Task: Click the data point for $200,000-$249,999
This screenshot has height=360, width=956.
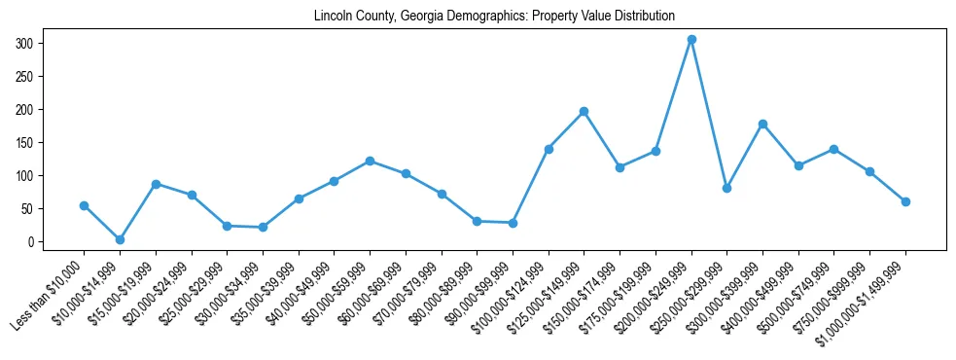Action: [691, 40]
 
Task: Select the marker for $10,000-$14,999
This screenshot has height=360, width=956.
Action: [120, 239]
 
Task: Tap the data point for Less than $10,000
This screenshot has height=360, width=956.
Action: [84, 205]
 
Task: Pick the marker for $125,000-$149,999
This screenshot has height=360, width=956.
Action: [584, 112]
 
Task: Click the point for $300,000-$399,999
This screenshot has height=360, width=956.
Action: [762, 124]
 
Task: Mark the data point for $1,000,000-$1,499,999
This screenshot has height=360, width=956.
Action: [905, 201]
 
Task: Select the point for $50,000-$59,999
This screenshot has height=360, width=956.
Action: [370, 161]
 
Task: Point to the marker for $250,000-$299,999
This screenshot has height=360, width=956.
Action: [726, 188]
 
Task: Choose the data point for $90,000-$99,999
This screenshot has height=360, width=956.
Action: [513, 223]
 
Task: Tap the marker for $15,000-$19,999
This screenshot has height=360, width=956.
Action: [156, 184]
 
